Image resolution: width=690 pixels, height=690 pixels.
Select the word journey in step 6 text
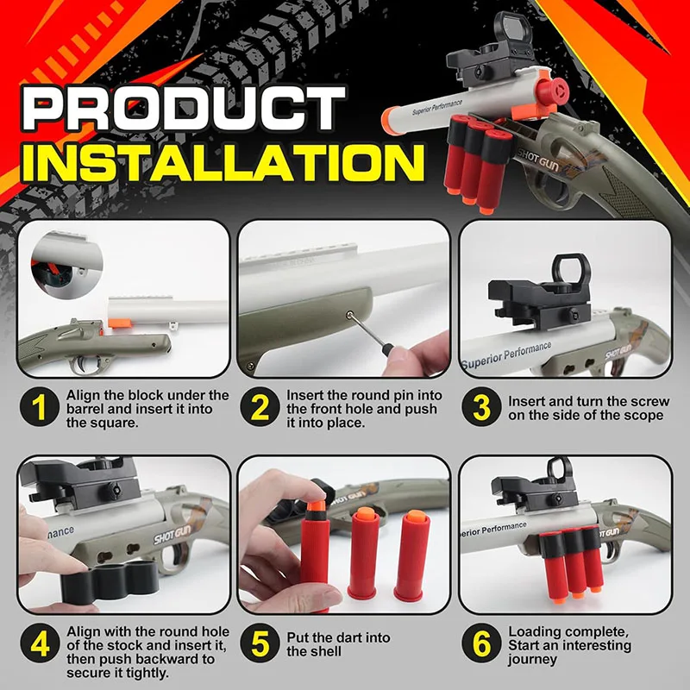point(533,660)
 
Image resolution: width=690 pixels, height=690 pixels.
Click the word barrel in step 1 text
point(85,408)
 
